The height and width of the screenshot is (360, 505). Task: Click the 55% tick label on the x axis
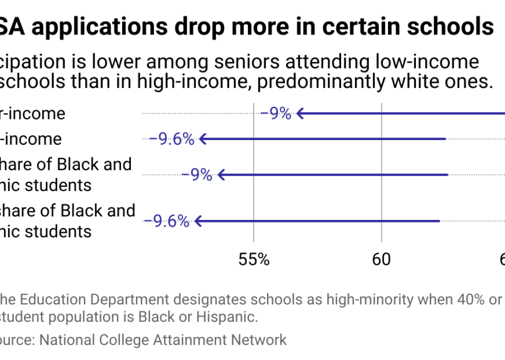254,259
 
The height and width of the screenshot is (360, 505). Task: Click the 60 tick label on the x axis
381,259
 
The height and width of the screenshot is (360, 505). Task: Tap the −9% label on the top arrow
276,113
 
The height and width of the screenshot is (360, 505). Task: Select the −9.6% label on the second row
172,139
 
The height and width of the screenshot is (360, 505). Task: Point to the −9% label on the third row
197,175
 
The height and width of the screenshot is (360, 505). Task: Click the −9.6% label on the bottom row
166,221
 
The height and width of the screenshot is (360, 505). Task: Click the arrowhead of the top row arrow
298,113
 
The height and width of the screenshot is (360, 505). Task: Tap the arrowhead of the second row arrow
202,139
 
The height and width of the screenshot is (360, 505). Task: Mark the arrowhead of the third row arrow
221,175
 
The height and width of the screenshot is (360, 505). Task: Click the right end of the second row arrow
444,139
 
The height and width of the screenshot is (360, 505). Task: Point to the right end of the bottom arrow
439,221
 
